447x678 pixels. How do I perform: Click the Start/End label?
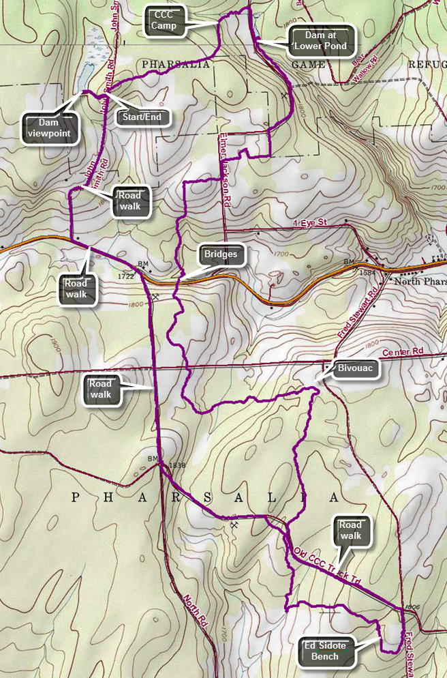tap(142, 117)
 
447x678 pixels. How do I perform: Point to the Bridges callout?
tap(220, 255)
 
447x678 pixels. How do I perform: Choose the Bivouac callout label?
tap(354, 368)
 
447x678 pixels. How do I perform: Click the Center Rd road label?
tap(403, 353)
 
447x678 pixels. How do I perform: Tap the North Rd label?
tap(195, 610)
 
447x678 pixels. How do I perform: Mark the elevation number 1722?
tap(125, 276)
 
